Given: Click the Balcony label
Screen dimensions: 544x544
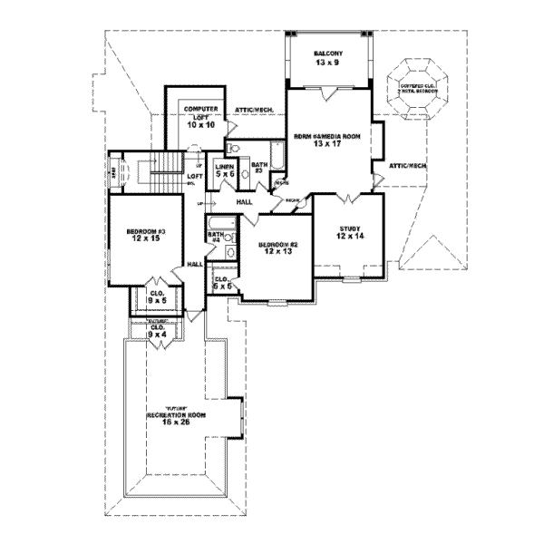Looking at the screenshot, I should (328, 53).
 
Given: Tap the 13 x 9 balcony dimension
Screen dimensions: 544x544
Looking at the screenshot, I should (328, 63).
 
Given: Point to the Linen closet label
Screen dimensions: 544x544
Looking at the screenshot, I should (225, 168).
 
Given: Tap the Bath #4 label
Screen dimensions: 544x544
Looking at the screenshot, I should (216, 236).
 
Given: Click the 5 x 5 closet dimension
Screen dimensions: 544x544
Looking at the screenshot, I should (220, 286).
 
